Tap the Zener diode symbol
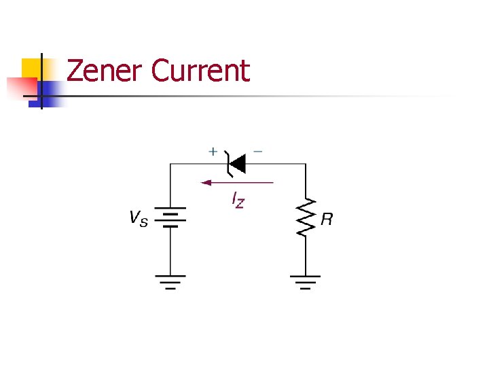[236, 163]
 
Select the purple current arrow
[238, 182]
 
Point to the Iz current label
[238, 200]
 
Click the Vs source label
[138, 218]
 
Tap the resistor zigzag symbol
[306, 217]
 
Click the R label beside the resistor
[327, 219]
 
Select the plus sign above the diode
[213, 152]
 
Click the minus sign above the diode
[258, 151]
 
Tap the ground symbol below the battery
[170, 281]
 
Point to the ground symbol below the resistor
[306, 281]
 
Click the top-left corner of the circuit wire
[170, 163]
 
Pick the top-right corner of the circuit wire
[306, 163]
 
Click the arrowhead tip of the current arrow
[203, 182]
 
